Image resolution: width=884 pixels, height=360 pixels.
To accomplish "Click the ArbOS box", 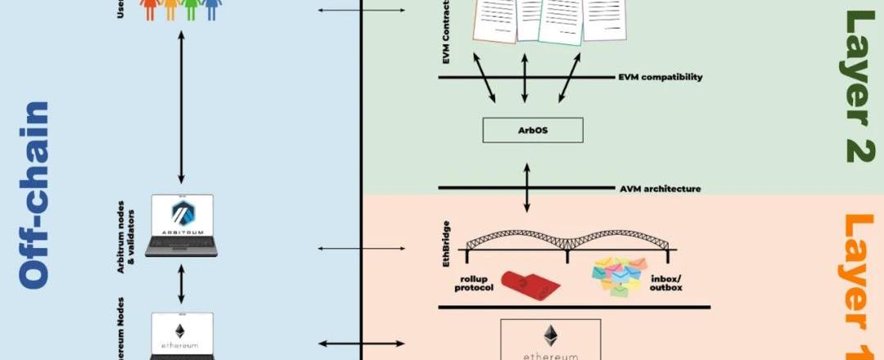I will tap(533, 130).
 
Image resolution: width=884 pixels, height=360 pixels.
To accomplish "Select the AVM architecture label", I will tap(660, 189).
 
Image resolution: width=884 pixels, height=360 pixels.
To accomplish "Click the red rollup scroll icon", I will tap(531, 283).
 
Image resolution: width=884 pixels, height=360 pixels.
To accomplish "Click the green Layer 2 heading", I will tap(859, 86).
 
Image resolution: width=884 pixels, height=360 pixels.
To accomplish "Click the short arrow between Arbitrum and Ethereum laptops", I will tap(181, 284).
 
